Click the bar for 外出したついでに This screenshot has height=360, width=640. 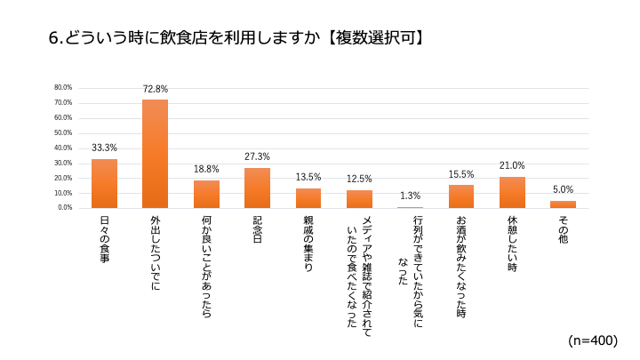(x=155, y=154)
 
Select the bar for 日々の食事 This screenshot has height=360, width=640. (x=104, y=183)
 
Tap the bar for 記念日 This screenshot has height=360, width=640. (x=257, y=188)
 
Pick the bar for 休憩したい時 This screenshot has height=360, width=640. (x=512, y=192)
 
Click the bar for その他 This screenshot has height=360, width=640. (x=563, y=204)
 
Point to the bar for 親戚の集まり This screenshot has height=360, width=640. (x=308, y=198)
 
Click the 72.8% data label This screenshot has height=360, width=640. (x=155, y=89)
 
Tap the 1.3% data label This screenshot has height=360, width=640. (x=410, y=196)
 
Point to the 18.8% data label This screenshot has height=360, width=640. (x=206, y=169)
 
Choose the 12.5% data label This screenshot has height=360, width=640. (x=359, y=179)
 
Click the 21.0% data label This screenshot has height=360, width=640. (x=512, y=165)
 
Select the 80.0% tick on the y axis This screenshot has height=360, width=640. (x=63, y=88)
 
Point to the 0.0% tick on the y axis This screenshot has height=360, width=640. (x=65, y=208)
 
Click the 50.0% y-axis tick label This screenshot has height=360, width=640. (x=63, y=132)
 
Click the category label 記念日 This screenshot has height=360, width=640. (x=257, y=229)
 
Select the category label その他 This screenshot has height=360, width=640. (x=563, y=229)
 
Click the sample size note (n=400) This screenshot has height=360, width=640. (x=592, y=340)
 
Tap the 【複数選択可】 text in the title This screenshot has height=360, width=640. (x=372, y=38)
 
